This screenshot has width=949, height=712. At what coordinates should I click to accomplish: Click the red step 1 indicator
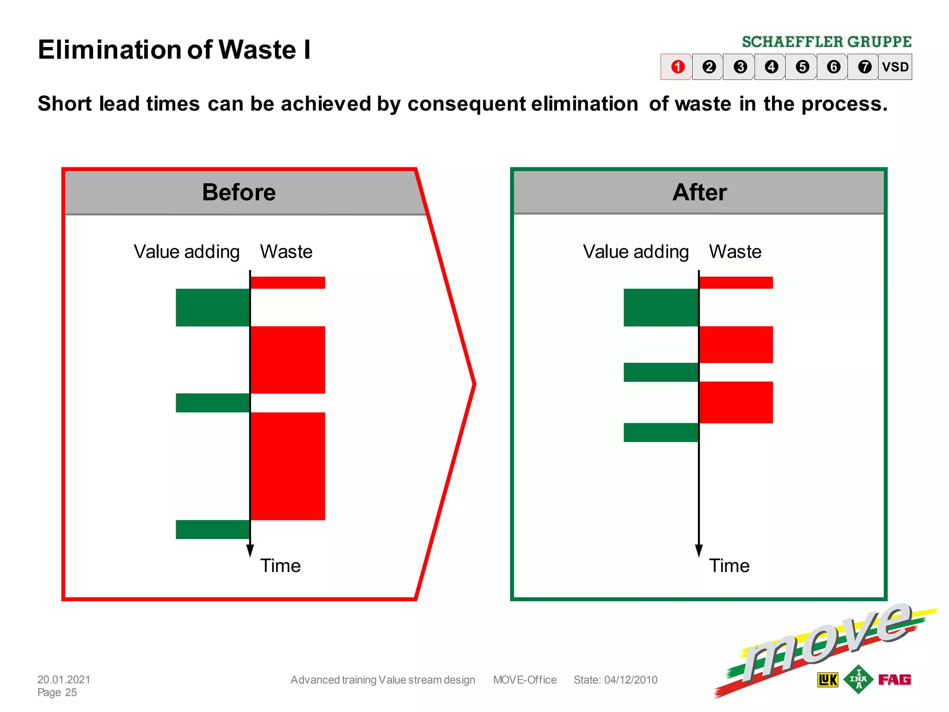677,67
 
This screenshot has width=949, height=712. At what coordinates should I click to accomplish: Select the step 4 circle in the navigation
771,67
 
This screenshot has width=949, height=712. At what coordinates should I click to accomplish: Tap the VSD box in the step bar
895,67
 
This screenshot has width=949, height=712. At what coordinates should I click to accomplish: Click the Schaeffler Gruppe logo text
827,42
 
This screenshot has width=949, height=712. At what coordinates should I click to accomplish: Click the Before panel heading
239,192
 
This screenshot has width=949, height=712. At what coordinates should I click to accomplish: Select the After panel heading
699,192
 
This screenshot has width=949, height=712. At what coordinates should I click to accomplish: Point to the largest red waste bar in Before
288,466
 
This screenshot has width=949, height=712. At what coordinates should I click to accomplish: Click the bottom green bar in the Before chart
213,529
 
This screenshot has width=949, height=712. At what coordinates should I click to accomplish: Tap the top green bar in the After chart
661,307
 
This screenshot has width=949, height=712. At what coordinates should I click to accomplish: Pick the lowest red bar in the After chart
736,402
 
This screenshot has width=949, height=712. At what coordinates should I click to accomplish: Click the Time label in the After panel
729,566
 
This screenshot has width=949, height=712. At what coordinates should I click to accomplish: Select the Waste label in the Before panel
286,252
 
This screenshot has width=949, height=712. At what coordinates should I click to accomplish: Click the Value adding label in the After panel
636,252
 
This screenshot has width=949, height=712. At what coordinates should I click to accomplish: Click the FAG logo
894,680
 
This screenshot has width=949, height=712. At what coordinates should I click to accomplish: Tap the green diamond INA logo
858,679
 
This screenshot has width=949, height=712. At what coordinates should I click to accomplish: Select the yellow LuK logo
828,680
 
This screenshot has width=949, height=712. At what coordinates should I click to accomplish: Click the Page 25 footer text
57,692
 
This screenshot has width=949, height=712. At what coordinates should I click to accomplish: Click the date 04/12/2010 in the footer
631,680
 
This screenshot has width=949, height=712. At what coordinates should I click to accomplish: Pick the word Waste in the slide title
257,50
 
